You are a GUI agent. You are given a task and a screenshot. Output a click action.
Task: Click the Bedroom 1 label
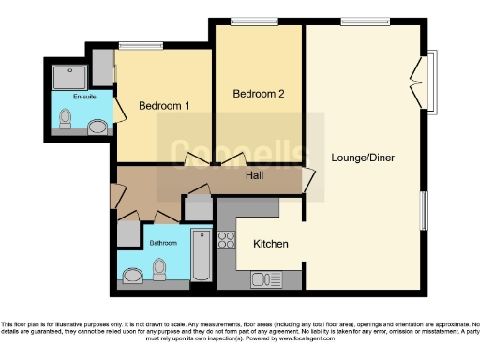pos(164,106)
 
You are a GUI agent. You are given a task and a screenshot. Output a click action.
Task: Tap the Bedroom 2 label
pos(257,94)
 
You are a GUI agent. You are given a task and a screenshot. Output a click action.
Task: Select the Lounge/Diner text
pos(362,157)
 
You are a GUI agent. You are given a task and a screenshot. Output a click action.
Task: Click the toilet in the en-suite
pos(65,118)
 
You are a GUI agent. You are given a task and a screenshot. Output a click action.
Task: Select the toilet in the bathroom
pos(158,269)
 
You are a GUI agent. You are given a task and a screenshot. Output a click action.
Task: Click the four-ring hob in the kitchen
pos(226,240)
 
